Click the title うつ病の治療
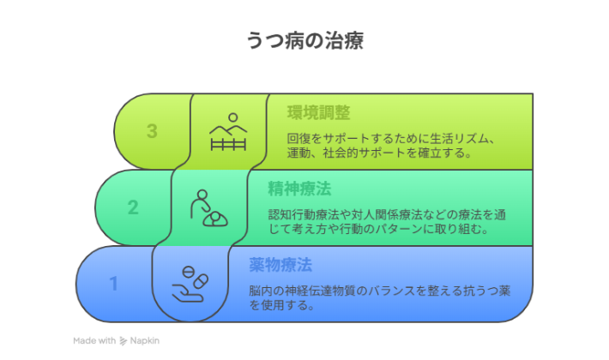coord(304,39)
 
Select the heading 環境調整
coord(318,112)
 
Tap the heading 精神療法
coord(299,188)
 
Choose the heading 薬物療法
coord(280,262)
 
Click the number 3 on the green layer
coord(152,131)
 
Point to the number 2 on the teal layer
coord(133,207)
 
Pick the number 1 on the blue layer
coord(113,282)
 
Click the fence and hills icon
coord(228,132)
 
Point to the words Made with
coord(94,340)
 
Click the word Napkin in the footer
coord(145,340)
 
